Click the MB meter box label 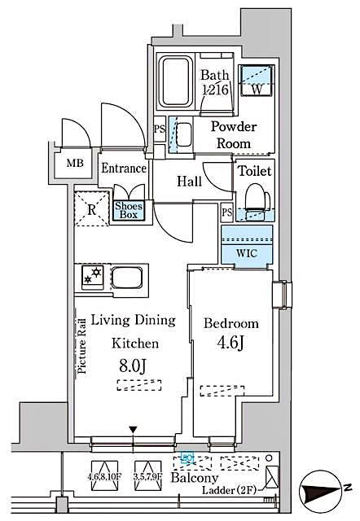74,163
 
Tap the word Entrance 123,169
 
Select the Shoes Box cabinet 129,211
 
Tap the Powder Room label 234,135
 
